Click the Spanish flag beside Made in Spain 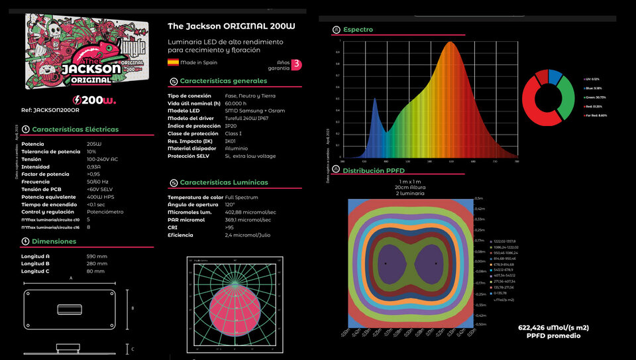point(173,62)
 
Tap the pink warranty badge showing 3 point(297,64)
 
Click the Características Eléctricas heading point(76,129)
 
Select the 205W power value point(94,144)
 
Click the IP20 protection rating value point(231,126)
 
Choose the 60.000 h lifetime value point(236,103)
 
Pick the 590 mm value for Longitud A point(97,256)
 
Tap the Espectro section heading point(358,30)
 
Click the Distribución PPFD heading point(373,170)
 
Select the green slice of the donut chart point(566,97)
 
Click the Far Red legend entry point(596,115)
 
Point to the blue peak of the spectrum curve point(374,101)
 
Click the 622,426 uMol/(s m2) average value point(553,328)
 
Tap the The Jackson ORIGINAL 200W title point(231,26)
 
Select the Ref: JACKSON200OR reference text point(50,111)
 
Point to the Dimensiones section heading point(54,241)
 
